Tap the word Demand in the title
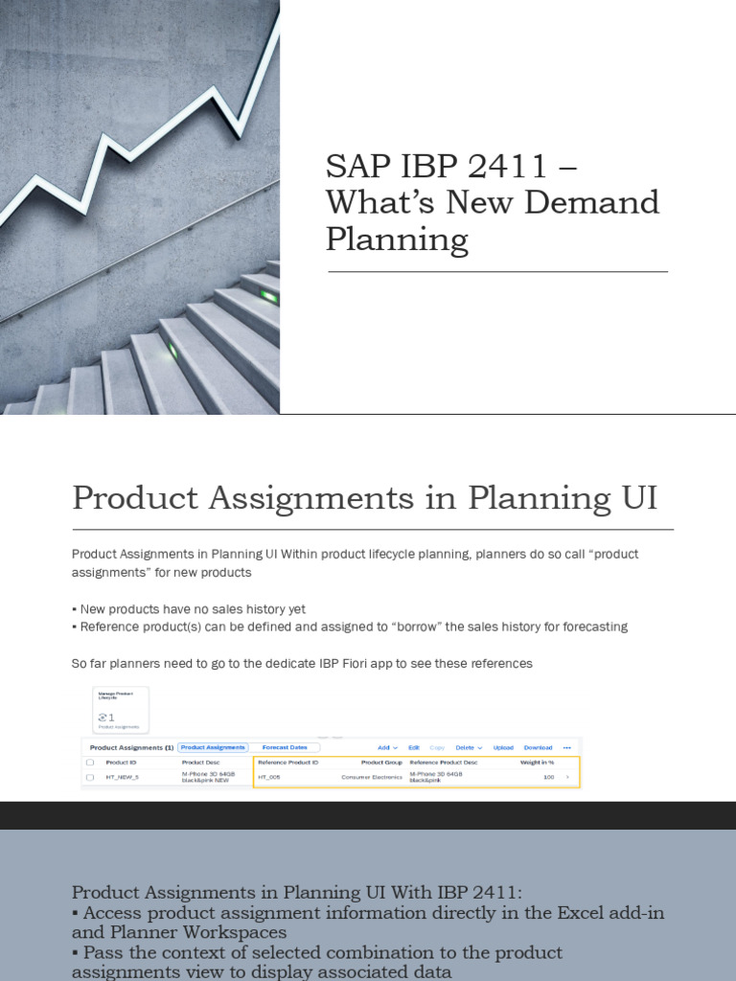(x=601, y=203)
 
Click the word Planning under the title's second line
(x=397, y=240)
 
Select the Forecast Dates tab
(x=285, y=747)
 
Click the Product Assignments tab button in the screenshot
(x=213, y=747)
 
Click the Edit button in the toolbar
(x=414, y=747)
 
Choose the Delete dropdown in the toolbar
(x=467, y=747)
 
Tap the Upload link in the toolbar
(x=503, y=747)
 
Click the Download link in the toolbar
(x=538, y=747)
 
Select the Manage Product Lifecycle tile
(x=120, y=710)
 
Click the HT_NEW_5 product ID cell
(x=122, y=777)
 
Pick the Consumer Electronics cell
(x=372, y=777)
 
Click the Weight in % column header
(x=537, y=763)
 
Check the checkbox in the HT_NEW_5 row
(x=90, y=777)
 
